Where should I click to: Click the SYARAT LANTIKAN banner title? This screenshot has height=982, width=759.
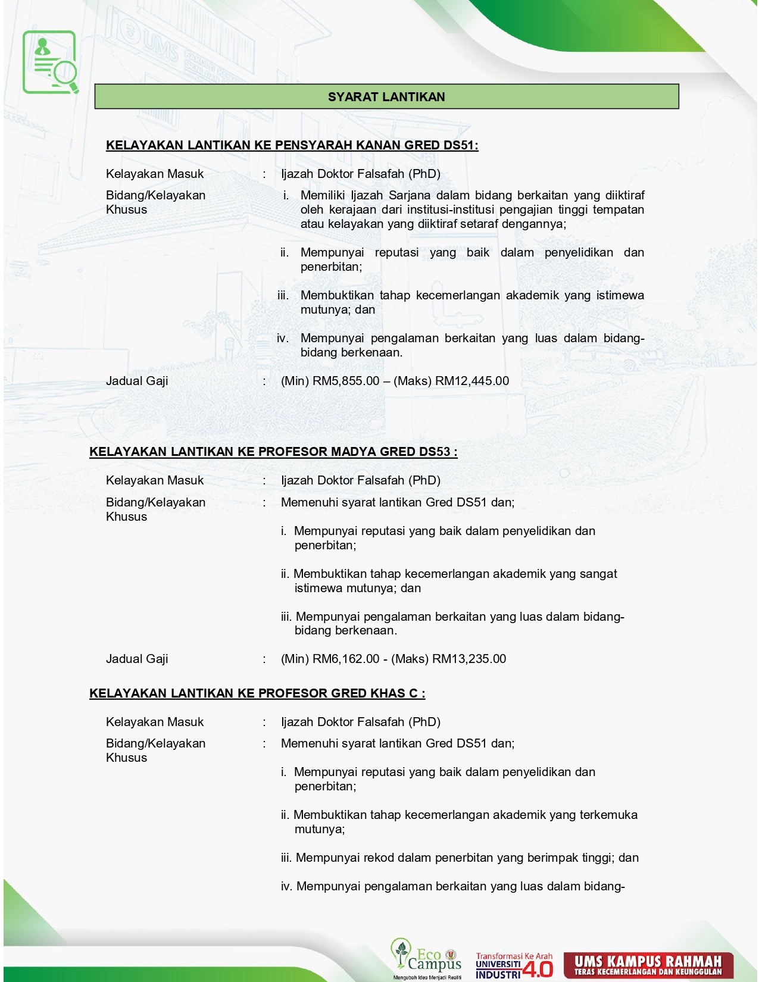click(386, 97)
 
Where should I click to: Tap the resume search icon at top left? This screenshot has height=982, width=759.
click(51, 62)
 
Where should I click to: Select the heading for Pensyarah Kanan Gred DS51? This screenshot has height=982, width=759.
click(292, 145)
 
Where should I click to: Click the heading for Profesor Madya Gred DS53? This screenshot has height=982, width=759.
click(273, 452)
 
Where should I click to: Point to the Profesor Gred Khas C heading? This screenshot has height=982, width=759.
click(257, 693)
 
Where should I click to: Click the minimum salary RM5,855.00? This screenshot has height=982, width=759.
click(346, 381)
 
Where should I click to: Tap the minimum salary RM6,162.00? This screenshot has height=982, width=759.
click(346, 659)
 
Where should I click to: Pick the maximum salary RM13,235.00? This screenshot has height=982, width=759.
click(469, 659)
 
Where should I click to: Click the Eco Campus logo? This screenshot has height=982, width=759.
click(426, 958)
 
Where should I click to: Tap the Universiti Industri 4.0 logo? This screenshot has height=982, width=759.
click(514, 965)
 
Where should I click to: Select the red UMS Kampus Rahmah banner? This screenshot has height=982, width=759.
click(648, 965)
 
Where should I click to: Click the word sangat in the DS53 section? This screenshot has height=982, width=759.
click(597, 574)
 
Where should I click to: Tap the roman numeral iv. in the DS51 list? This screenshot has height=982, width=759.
click(283, 338)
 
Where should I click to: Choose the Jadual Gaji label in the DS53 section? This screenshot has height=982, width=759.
click(137, 659)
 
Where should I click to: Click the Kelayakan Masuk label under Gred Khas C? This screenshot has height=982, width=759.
click(155, 722)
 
